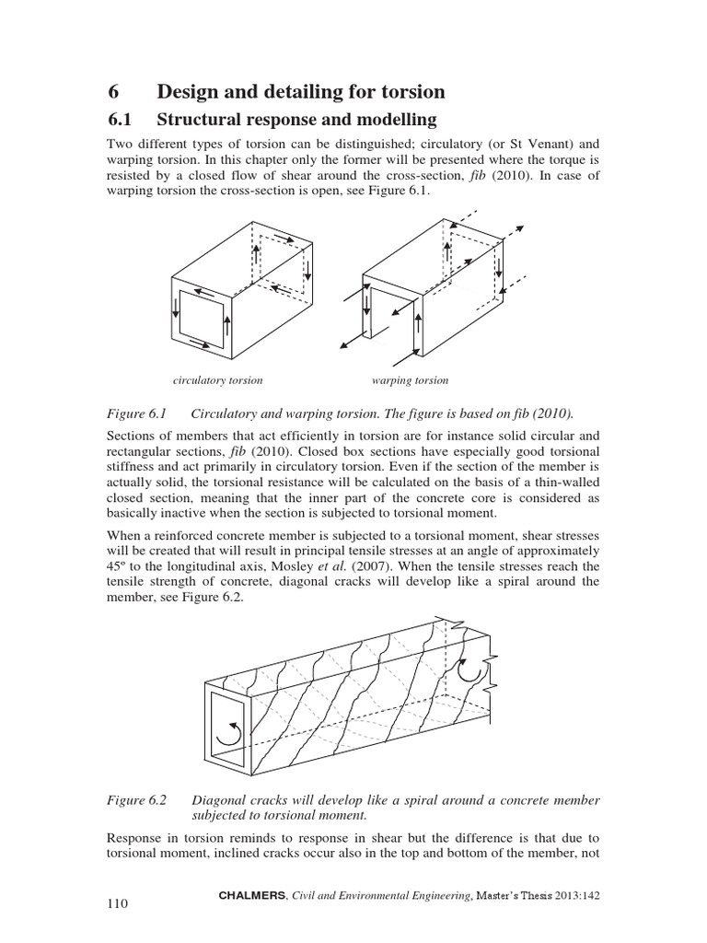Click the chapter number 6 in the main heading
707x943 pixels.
pos(113,91)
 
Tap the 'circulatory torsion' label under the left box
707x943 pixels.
pos(218,379)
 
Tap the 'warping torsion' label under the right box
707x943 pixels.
pos(410,379)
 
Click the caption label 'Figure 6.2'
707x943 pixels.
pos(136,800)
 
